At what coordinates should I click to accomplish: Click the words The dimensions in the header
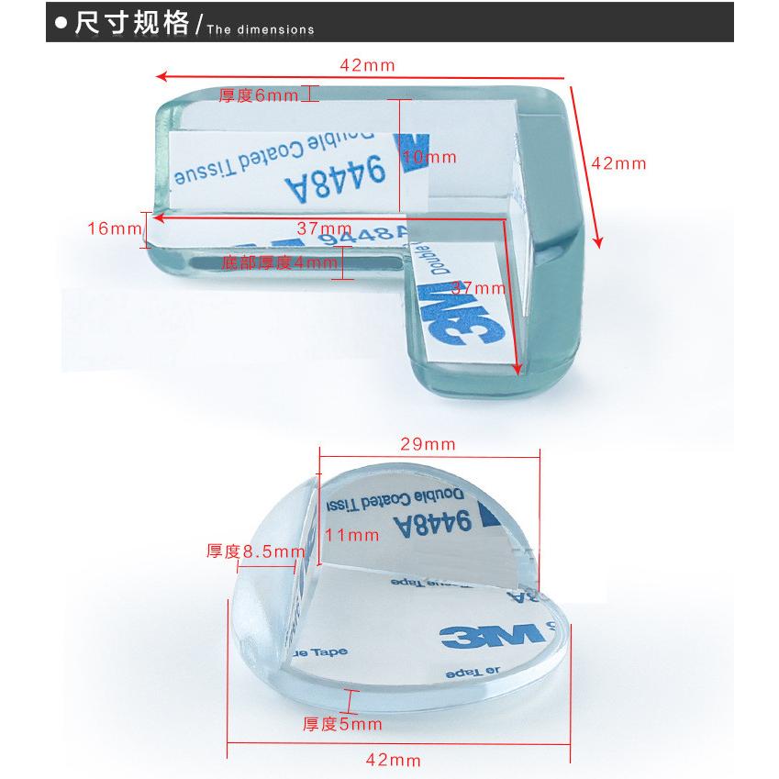(261, 29)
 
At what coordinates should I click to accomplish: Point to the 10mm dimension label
(428, 158)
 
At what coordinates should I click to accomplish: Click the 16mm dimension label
(112, 228)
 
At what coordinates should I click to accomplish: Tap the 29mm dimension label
(428, 444)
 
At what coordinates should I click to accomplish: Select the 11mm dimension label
(351, 534)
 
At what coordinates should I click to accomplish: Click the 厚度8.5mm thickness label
(255, 551)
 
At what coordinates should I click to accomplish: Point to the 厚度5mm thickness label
(342, 724)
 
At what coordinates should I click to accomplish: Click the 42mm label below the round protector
(393, 760)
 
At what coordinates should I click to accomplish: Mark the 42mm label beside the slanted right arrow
(618, 163)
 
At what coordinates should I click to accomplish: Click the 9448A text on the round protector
(432, 526)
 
